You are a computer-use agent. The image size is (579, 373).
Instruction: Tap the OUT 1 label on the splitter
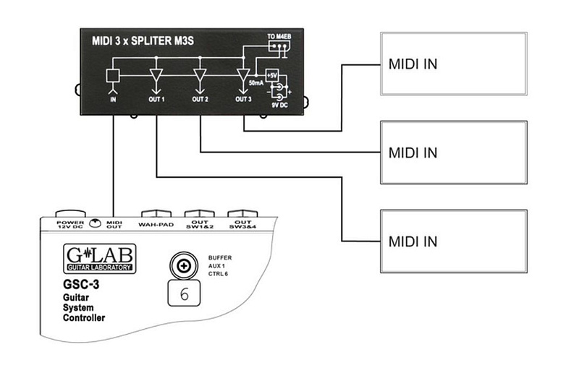pos(156,100)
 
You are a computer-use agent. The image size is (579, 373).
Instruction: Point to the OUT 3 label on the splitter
pos(244,100)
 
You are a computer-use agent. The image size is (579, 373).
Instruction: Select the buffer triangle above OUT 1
pos(156,76)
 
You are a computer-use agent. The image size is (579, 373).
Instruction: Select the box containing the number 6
pos(184,295)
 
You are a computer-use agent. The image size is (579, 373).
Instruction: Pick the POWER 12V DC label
pos(70,223)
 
